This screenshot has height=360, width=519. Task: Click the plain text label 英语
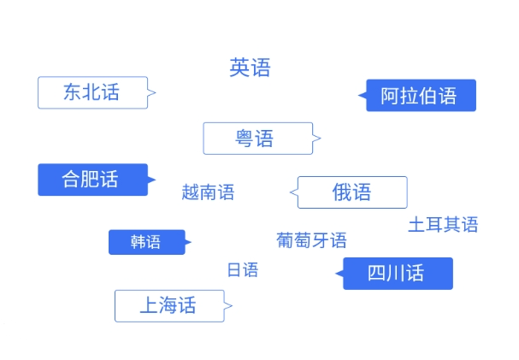pos(250,68)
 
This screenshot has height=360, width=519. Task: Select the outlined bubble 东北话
pos(92,92)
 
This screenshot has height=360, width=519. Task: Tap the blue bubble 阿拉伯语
pos(419,96)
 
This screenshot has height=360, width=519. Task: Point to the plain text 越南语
pos(208,192)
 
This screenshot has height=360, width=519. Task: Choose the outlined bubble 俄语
pos(352,192)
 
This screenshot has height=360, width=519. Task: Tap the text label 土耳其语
pos(443,225)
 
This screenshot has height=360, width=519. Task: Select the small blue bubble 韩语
pos(146,242)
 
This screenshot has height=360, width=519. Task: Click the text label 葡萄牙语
pos(311,240)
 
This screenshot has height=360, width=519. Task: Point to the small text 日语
pos(242,270)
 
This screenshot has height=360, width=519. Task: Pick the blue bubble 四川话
pos(397,274)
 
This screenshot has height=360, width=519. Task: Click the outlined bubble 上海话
pos(169,305)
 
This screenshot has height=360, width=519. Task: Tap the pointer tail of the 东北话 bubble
pos(152,92)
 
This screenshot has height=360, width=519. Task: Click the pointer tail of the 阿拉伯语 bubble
pos(363,95)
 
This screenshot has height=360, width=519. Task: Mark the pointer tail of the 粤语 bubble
pos(316,138)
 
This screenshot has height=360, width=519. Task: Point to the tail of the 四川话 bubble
pos(339,274)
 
